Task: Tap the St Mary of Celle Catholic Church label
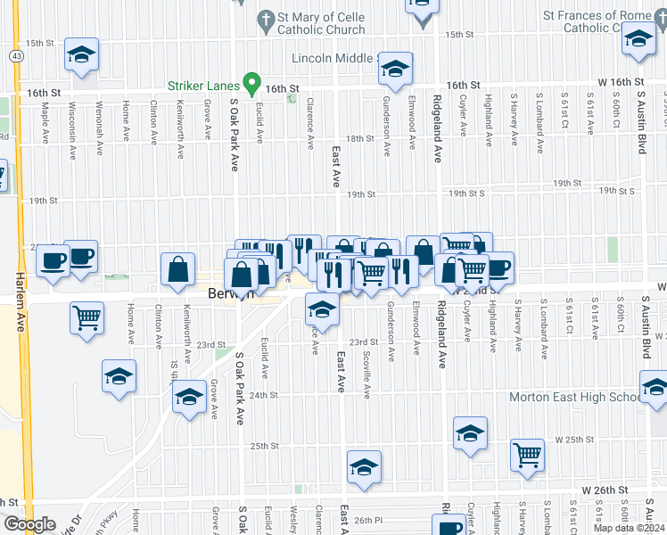322,23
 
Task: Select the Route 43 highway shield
17,55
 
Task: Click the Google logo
29,524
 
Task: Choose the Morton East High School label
572,397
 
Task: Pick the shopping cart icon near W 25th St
528,454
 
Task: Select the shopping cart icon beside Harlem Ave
87,317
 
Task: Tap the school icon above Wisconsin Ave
81,55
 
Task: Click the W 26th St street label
605,490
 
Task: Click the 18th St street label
359,139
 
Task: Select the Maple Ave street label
44,126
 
